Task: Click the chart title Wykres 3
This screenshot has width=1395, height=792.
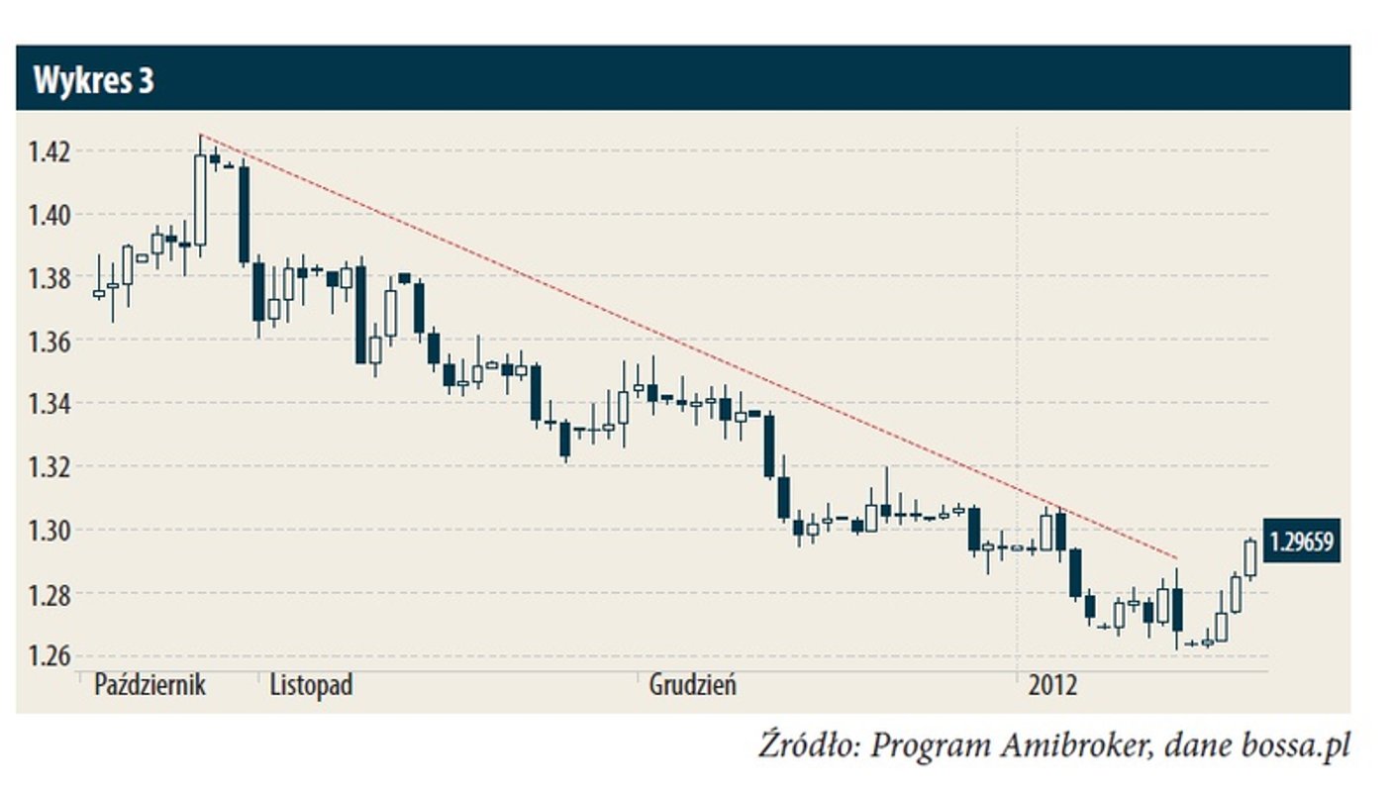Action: click(94, 80)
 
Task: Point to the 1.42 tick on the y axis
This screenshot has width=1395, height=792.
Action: click(49, 151)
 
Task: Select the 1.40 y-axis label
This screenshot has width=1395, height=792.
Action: click(49, 215)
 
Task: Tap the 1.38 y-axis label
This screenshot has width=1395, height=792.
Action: click(49, 278)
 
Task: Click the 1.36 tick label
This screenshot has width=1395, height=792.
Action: click(49, 342)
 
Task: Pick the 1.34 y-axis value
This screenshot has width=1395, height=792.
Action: click(49, 404)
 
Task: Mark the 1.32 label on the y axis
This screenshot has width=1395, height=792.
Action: click(49, 467)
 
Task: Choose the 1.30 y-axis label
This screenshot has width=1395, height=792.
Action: click(49, 531)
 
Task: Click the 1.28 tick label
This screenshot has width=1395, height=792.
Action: click(49, 594)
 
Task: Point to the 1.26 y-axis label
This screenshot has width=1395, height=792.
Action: click(49, 656)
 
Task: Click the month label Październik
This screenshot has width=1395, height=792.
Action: click(149, 685)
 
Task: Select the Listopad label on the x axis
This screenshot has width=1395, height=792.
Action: click(311, 685)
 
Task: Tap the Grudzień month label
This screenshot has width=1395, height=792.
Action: click(692, 685)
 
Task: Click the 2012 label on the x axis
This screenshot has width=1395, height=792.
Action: click(1053, 685)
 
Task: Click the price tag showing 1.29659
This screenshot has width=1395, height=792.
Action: click(1301, 543)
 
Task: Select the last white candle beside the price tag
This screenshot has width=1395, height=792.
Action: click(1250, 558)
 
